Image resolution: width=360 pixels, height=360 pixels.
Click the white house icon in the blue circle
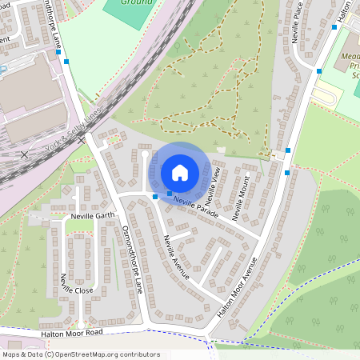(180, 172)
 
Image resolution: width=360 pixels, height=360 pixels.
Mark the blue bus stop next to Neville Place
(319, 71)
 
